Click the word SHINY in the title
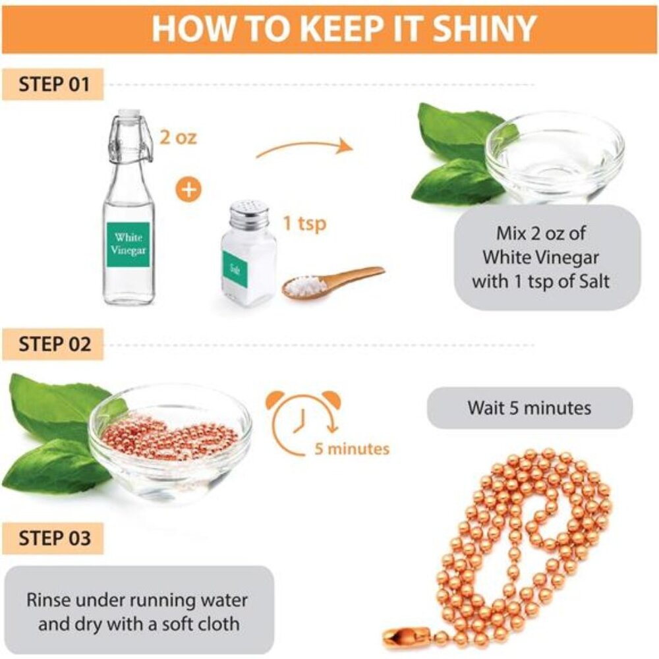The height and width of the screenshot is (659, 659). tap(484, 28)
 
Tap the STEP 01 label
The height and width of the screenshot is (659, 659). tap(53, 84)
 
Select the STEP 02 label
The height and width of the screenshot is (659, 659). tap(53, 344)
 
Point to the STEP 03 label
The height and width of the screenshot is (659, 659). tap(53, 538)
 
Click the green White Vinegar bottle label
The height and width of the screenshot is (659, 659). tap(129, 244)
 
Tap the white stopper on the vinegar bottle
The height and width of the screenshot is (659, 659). tap(128, 113)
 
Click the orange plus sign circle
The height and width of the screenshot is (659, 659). tap(188, 189)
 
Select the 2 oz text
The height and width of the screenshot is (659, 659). tap(178, 138)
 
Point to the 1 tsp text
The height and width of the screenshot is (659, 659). tap(304, 223)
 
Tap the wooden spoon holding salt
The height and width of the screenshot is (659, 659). tap(332, 283)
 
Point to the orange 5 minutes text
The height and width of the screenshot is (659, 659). tap(352, 449)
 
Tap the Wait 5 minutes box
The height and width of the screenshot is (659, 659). tap(530, 408)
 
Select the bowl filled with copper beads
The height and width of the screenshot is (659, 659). tap(170, 442)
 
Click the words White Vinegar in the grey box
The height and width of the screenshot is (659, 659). tap(540, 257)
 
